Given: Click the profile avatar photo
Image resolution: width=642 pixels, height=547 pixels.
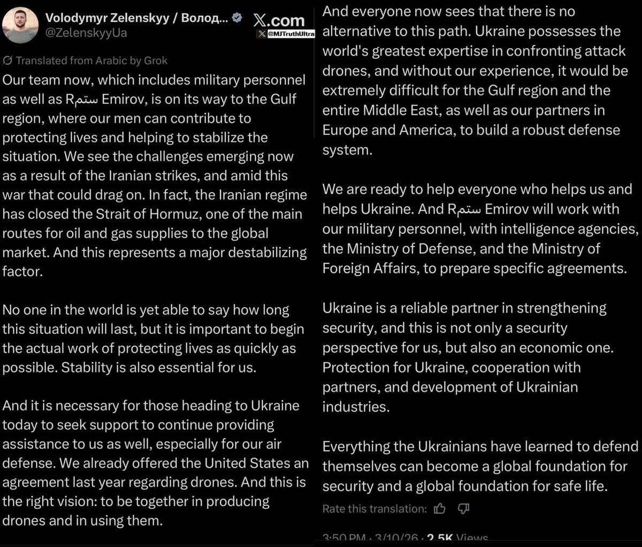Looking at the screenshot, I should click(x=20, y=25).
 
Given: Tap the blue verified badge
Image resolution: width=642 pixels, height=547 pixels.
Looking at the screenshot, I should click(x=237, y=17).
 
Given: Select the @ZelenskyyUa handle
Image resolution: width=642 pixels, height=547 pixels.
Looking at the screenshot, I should click(x=86, y=33).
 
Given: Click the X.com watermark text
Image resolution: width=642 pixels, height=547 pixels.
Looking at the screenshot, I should click(x=279, y=20).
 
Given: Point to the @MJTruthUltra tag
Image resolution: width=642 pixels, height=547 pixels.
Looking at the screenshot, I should click(x=291, y=34).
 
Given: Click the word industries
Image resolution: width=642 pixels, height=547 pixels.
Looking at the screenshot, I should click(x=356, y=407).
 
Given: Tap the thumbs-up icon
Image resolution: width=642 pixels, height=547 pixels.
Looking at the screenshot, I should click(x=440, y=508).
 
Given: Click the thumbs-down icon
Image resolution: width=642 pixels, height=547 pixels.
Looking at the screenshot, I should click(x=464, y=508).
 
